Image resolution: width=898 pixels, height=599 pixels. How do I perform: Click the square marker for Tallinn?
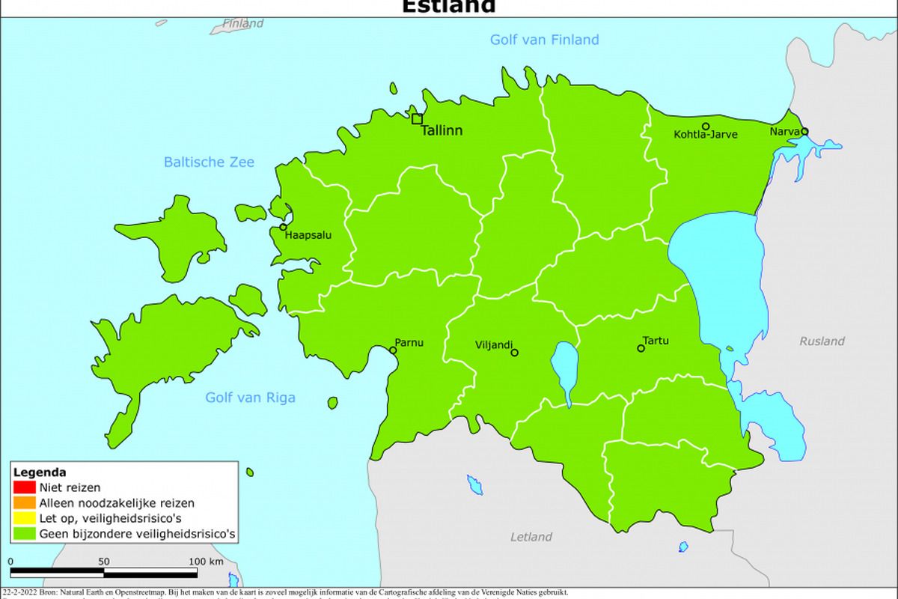pyautogui.click(x=417, y=118)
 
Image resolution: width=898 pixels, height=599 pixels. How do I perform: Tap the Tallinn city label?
pyautogui.click(x=442, y=130)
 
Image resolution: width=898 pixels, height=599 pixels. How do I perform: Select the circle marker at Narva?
pyautogui.click(x=804, y=131)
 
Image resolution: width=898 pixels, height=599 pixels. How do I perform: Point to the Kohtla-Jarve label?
pyautogui.click(x=706, y=135)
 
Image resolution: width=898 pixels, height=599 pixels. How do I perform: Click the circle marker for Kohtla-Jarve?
pyautogui.click(x=705, y=127)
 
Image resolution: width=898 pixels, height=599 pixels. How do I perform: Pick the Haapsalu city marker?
pyautogui.click(x=283, y=227)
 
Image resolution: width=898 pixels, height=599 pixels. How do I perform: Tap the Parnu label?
pyautogui.click(x=409, y=343)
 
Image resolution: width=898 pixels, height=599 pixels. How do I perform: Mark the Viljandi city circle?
pyautogui.click(x=514, y=352)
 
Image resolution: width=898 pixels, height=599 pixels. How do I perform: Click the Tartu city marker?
pyautogui.click(x=641, y=348)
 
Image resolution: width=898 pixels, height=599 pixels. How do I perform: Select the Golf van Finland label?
pyautogui.click(x=544, y=40)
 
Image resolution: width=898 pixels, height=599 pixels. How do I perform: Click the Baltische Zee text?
pyautogui.click(x=209, y=162)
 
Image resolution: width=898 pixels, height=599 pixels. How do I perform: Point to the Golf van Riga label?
pyautogui.click(x=250, y=398)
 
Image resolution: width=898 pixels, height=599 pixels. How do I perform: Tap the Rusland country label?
pyautogui.click(x=822, y=341)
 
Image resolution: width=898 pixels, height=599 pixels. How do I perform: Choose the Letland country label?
pyautogui.click(x=531, y=537)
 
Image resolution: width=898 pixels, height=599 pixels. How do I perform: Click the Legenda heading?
pyautogui.click(x=40, y=472)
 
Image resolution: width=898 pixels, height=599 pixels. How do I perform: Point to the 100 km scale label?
pyautogui.click(x=206, y=562)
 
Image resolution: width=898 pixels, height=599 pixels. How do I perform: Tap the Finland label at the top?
pyautogui.click(x=243, y=23)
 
